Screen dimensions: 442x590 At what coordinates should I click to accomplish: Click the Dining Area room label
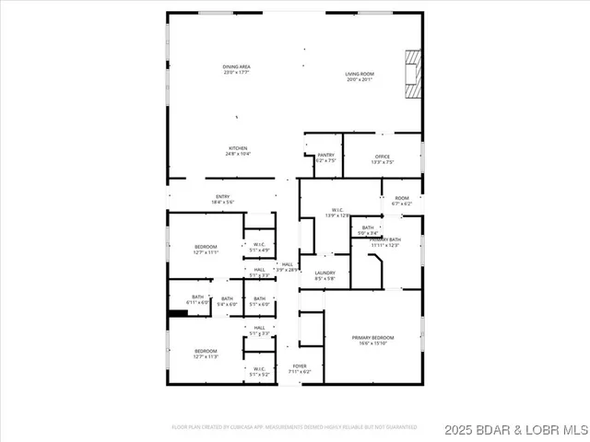pos(237,69)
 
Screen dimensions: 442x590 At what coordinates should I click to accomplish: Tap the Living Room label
pos(359,76)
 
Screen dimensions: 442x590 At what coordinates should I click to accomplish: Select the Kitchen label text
pos(238,151)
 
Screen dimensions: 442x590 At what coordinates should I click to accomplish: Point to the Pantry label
pos(325,157)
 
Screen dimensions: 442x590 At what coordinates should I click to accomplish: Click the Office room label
pos(383,158)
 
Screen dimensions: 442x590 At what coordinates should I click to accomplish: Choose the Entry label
pos(223,199)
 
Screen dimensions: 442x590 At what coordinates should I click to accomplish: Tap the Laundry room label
pos(324,274)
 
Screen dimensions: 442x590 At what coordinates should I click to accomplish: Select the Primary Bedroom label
pos(372,341)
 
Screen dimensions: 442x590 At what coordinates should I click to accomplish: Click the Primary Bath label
pos(384,241)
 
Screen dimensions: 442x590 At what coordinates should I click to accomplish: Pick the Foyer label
pos(300,368)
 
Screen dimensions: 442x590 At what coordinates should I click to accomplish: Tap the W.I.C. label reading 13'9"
pos(338,213)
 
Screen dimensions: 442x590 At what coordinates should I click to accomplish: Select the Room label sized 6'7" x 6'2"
pos(402,201)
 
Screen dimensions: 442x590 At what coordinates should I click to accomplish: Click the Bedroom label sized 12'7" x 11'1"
pos(206,249)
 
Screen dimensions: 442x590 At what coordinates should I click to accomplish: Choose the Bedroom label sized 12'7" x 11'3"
pos(206,354)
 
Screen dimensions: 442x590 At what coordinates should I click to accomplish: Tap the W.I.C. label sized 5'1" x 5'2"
pos(260,372)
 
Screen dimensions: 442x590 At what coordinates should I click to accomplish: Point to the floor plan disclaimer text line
pos(294,427)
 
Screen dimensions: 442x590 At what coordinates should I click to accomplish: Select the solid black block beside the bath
pos(178,313)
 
